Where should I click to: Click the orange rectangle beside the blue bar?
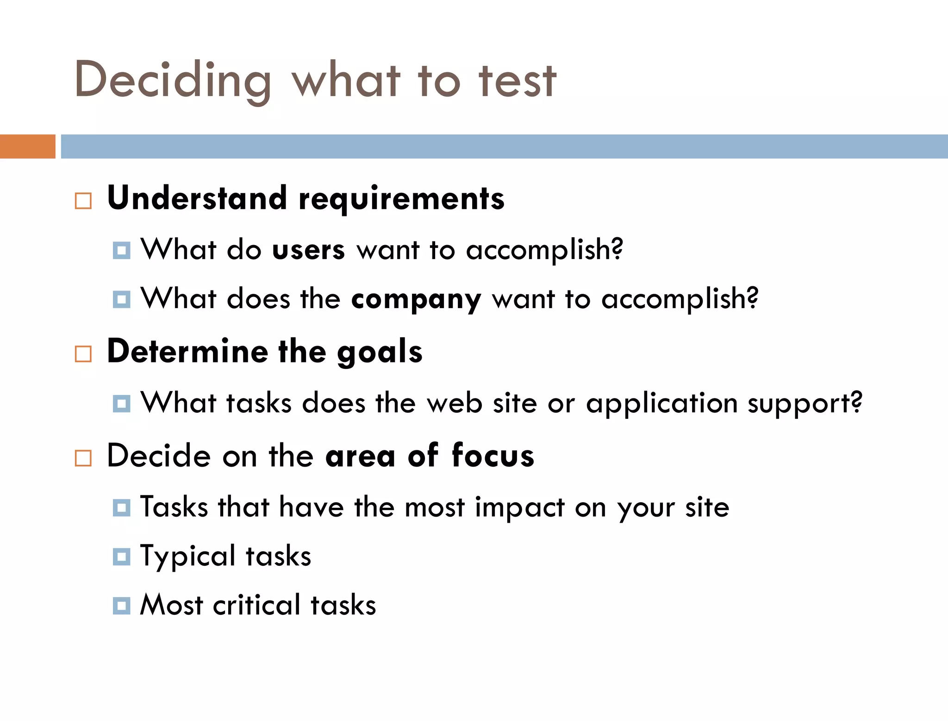click(27, 146)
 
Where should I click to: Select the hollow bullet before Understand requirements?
click(83, 201)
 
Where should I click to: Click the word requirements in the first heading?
click(401, 199)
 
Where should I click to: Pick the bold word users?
click(308, 250)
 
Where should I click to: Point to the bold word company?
click(416, 300)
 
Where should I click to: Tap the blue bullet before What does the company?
click(122, 299)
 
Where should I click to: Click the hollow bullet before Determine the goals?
click(83, 354)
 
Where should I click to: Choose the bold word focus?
click(493, 456)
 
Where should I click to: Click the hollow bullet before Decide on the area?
click(83, 458)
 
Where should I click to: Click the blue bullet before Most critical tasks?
click(122, 606)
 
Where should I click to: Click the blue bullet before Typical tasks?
click(122, 557)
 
